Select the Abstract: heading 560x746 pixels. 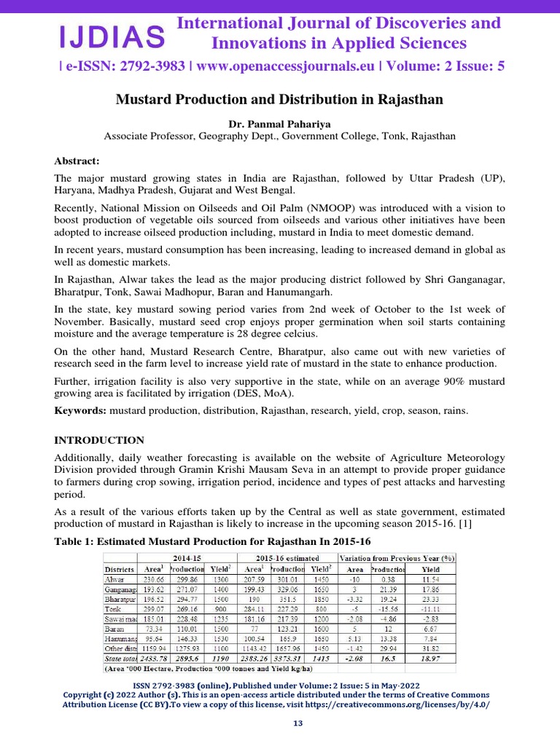tap(77, 161)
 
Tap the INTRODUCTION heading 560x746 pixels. tap(100, 440)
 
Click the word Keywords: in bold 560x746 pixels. tap(81, 411)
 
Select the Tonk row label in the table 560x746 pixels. tap(114, 608)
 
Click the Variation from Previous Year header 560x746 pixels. tap(396, 557)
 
